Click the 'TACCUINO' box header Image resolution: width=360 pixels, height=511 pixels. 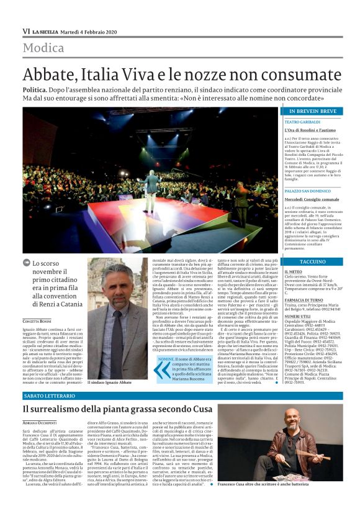tap(312, 261)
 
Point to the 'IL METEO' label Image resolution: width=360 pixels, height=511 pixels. tap(294, 272)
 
